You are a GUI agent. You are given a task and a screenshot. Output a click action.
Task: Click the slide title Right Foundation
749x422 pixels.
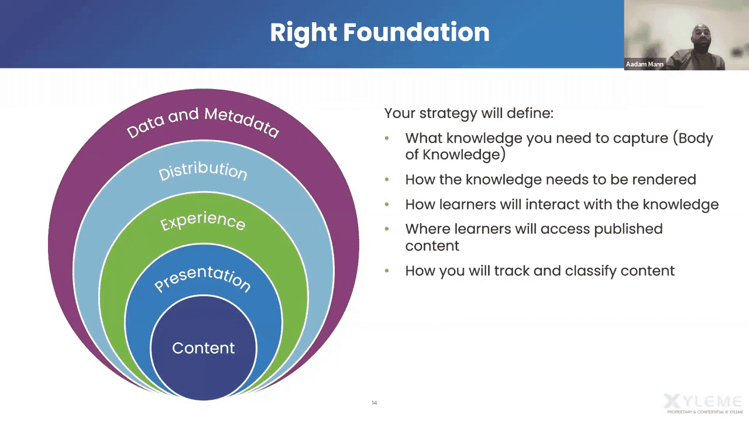point(379,32)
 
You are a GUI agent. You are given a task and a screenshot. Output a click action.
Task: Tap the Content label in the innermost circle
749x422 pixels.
point(203,348)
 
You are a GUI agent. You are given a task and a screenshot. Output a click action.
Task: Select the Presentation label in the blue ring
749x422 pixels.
point(202,280)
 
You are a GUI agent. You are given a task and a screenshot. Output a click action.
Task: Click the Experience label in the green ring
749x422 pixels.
point(202,221)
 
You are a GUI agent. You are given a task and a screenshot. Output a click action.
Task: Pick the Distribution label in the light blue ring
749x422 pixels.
point(202,171)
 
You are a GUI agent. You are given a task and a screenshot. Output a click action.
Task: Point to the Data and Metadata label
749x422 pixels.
point(202,121)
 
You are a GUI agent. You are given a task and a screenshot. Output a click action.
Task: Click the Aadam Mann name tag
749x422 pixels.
point(644,64)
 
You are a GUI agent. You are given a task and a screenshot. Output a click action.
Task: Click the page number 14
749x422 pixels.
point(374,403)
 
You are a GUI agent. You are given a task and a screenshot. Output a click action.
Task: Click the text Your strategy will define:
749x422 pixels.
point(469,113)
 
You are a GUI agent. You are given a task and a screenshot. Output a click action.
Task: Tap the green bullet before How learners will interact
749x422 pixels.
point(387,205)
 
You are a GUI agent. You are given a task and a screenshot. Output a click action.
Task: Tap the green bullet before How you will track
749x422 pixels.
point(387,271)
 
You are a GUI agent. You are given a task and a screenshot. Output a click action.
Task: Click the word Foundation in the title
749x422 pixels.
point(416,32)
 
